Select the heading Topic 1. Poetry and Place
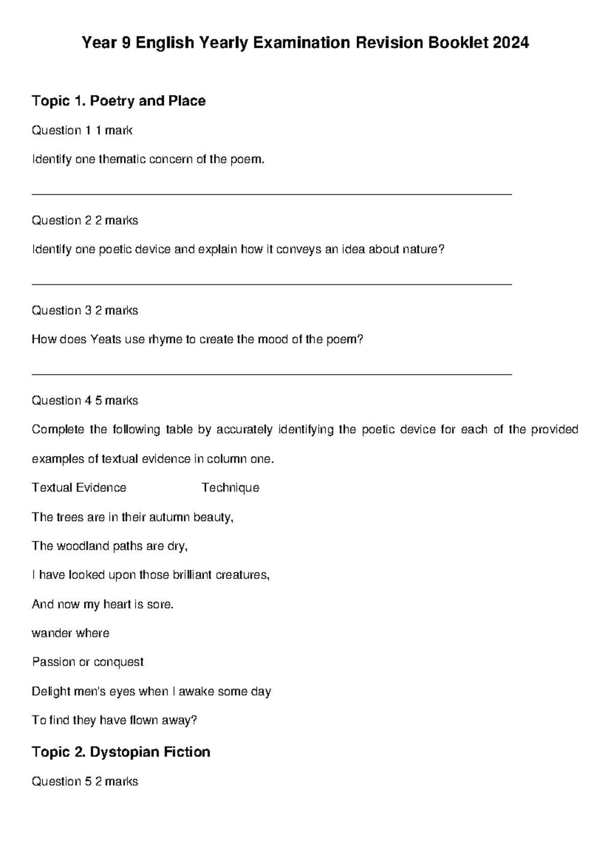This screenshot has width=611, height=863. coord(119,101)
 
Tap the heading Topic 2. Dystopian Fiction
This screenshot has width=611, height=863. coord(121,752)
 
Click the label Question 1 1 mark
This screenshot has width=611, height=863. coord(82,131)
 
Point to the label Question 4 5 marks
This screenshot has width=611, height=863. coord(85,401)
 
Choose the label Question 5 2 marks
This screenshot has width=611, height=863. coord(85,782)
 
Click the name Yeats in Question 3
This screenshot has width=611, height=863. coord(106,339)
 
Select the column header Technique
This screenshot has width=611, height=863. coord(230,488)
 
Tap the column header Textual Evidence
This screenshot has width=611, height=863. coord(79,488)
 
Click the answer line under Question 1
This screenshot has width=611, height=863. coord(271,194)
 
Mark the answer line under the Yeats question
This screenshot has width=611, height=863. coord(271,375)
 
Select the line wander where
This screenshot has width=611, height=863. coord(70,634)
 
